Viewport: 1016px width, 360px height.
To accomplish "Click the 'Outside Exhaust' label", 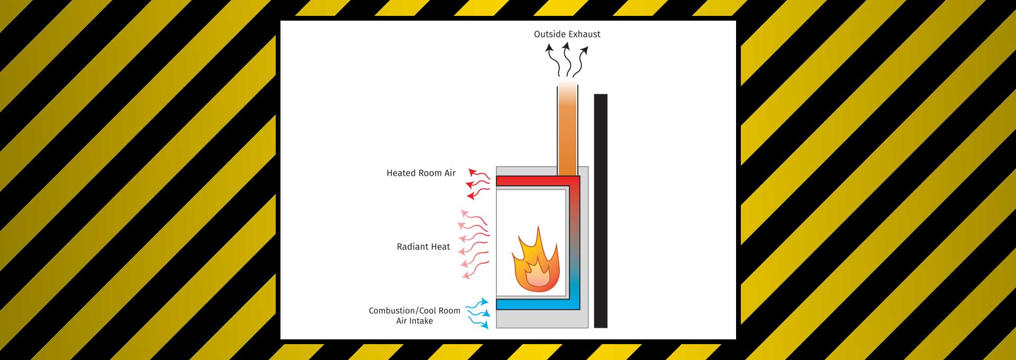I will (x=567, y=34).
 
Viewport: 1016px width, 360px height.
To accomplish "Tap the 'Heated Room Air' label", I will (x=421, y=173).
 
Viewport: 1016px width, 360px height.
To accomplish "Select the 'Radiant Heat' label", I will (x=423, y=247).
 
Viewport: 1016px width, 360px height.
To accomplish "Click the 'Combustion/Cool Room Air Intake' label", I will (x=414, y=316).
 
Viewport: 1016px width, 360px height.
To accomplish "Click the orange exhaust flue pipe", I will (x=567, y=132).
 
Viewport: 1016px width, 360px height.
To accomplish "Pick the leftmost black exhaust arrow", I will (x=552, y=59).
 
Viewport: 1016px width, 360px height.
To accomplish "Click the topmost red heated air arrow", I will (x=479, y=174).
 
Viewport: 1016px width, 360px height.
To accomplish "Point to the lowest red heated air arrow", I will (x=478, y=194).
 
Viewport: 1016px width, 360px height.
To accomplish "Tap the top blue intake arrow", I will (x=477, y=304).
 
